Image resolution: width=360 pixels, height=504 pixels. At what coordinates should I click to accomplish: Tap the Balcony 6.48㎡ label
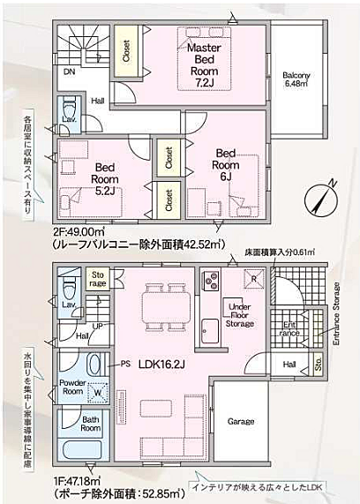296,79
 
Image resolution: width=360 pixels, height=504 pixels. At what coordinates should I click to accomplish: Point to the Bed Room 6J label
226,164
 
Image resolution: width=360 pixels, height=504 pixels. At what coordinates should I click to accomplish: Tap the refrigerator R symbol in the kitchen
254,279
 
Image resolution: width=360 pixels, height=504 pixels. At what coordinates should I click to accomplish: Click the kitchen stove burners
212,282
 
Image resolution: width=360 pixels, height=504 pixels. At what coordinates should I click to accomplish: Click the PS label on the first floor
125,363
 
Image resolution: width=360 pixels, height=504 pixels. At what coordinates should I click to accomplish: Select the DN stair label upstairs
69,71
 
